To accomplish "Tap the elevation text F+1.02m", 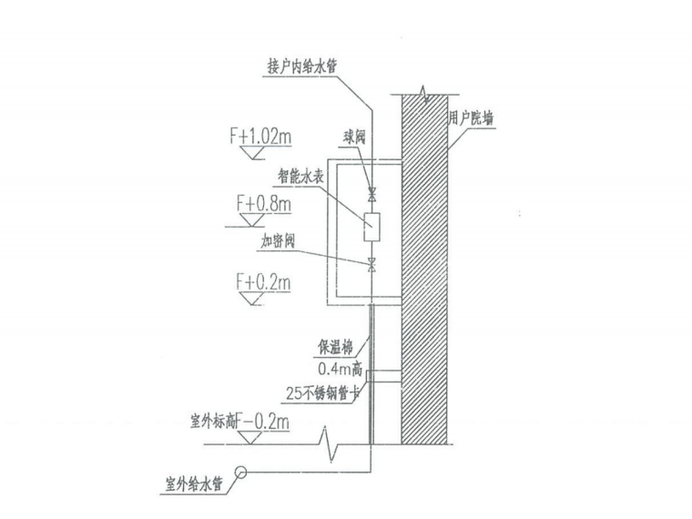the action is [260, 137].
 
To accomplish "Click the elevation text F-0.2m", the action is [270, 422].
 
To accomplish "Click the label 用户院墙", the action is [472, 118].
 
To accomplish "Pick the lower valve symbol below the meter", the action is [371, 266].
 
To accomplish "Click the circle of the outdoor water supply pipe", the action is [241, 473].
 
